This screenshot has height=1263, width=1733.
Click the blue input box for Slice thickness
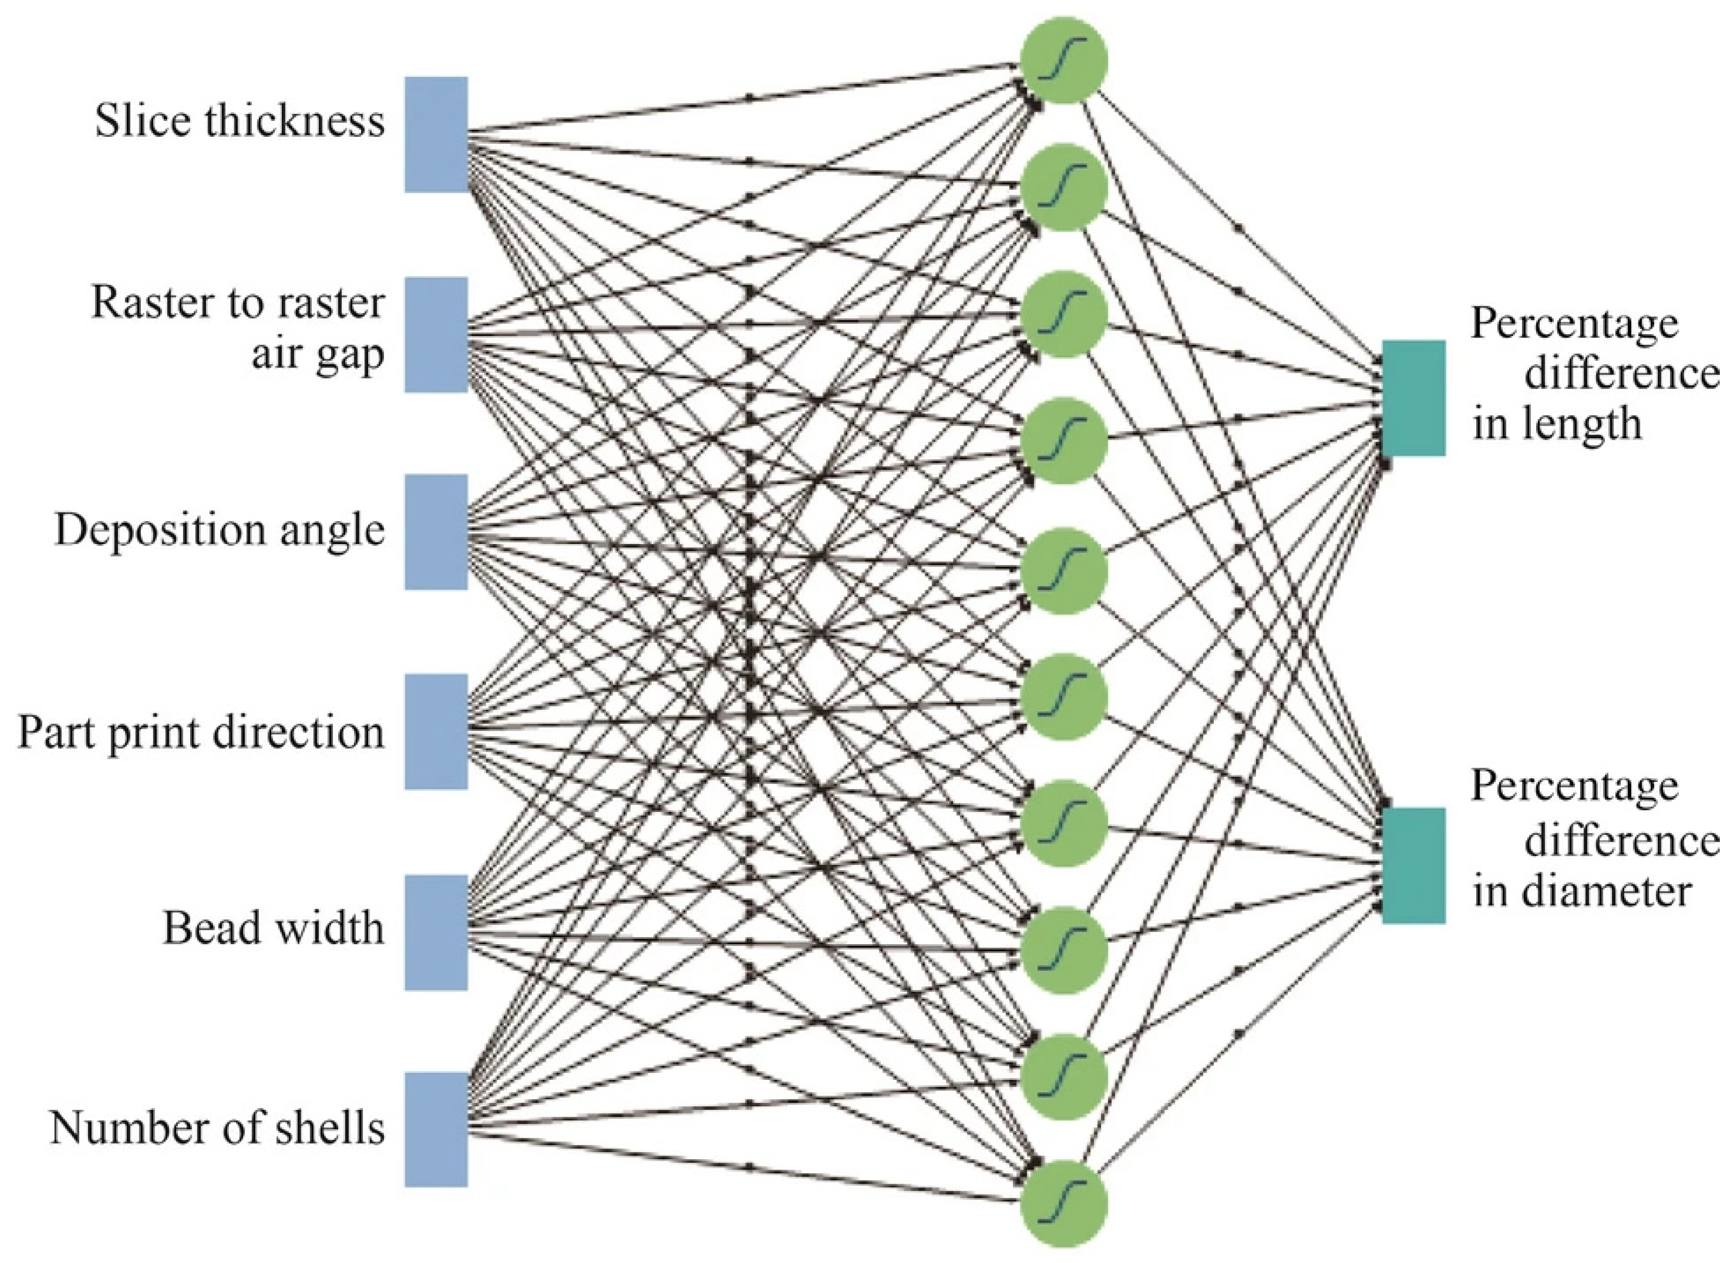[x=436, y=135]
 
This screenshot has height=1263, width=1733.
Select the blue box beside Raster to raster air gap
[x=436, y=335]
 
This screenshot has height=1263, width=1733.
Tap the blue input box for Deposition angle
[x=436, y=532]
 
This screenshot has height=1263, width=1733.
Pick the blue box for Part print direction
[x=436, y=732]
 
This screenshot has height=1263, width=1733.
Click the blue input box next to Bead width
[x=436, y=933]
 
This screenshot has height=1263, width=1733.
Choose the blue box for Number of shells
[x=436, y=1130]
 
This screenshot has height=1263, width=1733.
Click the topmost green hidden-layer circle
[x=1063, y=59]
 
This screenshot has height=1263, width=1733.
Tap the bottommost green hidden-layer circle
[x=1063, y=1204]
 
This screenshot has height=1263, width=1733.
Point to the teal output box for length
[x=1414, y=398]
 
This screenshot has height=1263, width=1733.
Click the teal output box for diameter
[x=1414, y=865]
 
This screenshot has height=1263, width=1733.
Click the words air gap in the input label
[x=317, y=355]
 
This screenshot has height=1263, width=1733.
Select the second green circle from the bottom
[x=1063, y=1076]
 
